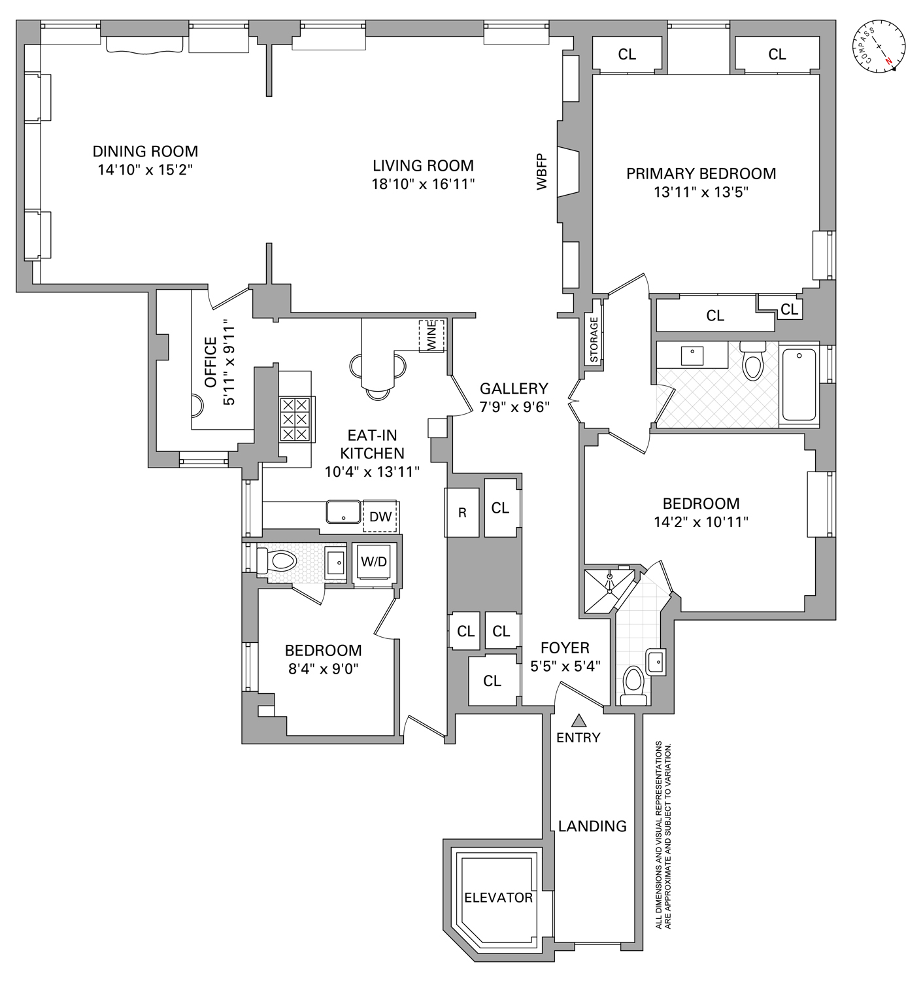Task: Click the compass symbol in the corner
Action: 879,47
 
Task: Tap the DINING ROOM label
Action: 145,151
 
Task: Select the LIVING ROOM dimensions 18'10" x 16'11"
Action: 423,184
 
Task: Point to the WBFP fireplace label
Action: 542,171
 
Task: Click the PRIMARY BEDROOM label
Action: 701,173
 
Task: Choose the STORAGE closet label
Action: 594,339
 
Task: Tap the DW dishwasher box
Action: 380,517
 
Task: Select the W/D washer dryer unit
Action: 374,562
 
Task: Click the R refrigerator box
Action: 462,513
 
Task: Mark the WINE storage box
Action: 431,336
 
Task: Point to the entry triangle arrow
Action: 578,721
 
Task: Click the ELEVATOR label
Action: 498,898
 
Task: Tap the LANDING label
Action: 592,826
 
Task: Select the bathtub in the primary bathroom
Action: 799,385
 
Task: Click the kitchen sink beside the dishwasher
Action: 343,511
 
